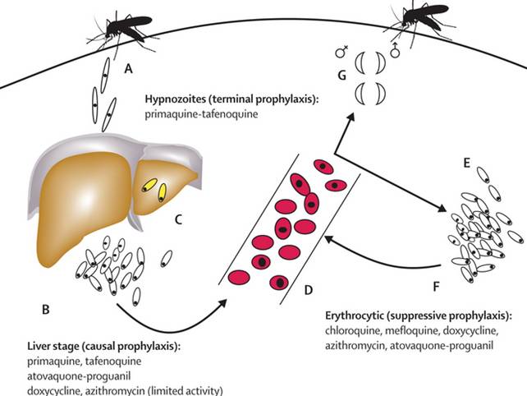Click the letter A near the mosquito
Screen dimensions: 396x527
(x=127, y=71)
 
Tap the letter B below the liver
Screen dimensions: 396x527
(x=46, y=310)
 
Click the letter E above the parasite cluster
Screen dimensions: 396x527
(x=465, y=163)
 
